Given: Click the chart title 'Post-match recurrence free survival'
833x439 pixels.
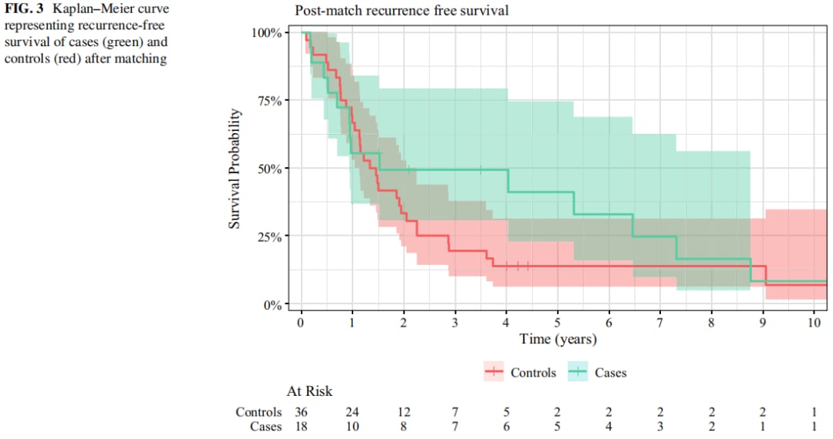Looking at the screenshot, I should pyautogui.click(x=401, y=12).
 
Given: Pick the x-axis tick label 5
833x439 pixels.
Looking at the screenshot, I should pyautogui.click(x=558, y=322).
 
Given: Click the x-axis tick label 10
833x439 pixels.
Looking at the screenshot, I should pyautogui.click(x=814, y=322).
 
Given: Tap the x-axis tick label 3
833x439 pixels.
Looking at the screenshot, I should pyautogui.click(x=455, y=322).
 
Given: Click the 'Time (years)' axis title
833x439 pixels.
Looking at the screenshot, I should pyautogui.click(x=558, y=338).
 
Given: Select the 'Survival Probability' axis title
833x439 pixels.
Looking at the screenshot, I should pyautogui.click(x=235, y=169).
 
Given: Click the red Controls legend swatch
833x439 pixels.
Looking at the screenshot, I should pyautogui.click(x=494, y=372).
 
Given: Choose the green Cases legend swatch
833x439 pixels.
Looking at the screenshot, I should pyautogui.click(x=578, y=372).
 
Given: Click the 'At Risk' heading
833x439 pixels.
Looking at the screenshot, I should pyautogui.click(x=309, y=391).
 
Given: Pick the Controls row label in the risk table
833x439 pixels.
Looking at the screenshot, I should pyautogui.click(x=259, y=412).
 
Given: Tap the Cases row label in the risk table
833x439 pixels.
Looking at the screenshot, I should pyautogui.click(x=266, y=426).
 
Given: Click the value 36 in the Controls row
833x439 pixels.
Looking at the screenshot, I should pyautogui.click(x=301, y=412).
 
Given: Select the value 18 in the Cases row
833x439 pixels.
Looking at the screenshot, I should pyautogui.click(x=301, y=426).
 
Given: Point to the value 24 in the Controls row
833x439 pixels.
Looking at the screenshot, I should pyautogui.click(x=352, y=412).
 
